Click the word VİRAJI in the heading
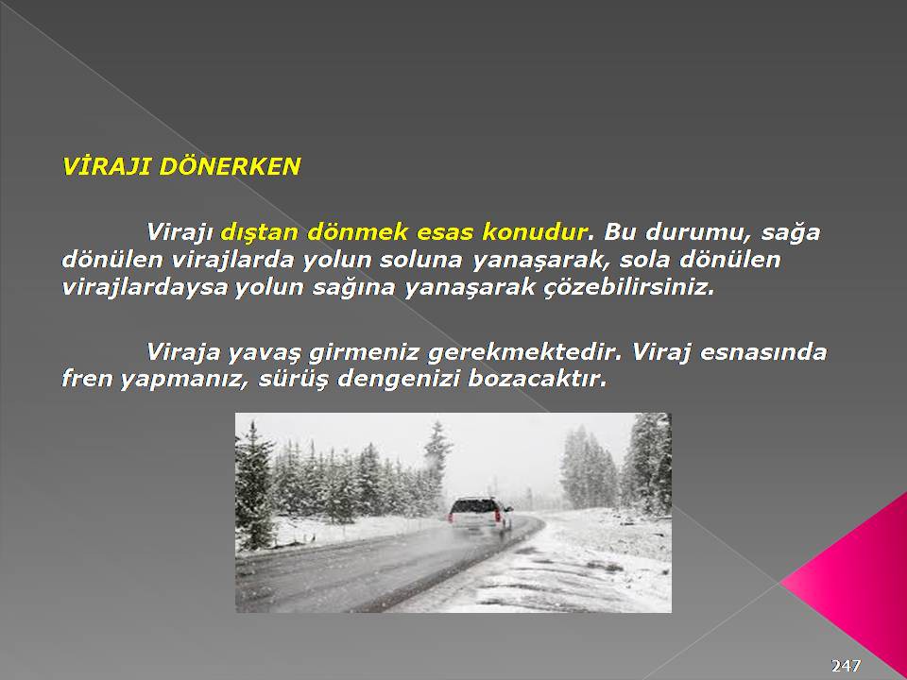[107, 166]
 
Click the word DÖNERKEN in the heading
[230, 165]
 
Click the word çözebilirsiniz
[629, 287]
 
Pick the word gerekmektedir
[524, 353]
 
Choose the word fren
[87, 379]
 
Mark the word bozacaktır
[538, 379]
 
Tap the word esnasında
[763, 351]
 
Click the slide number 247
[846, 665]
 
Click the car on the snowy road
[480, 514]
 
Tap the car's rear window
[473, 506]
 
